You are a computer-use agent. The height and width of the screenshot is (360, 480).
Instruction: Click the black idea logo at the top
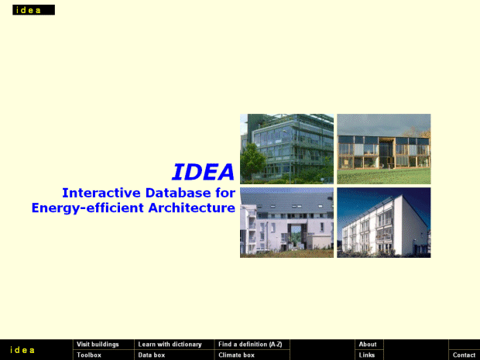point(33,10)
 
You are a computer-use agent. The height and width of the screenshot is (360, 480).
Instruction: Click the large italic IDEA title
point(204,172)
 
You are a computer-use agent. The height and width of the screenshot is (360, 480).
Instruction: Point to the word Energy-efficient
point(87,208)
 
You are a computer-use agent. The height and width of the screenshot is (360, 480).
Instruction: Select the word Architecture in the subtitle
point(192,207)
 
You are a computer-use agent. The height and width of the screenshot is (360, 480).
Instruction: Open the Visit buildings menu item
point(98,345)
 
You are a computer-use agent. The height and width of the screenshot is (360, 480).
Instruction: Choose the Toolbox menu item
point(89,355)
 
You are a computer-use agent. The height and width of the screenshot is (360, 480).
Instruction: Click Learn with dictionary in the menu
point(170,345)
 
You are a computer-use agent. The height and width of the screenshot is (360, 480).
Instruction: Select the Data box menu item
point(152,355)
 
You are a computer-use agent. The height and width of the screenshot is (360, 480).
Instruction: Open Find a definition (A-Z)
point(250,345)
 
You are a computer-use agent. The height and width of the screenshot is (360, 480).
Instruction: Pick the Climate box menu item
point(236,355)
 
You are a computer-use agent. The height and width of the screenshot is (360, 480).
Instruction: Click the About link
point(368,345)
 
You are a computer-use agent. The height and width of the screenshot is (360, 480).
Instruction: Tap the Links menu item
point(367,355)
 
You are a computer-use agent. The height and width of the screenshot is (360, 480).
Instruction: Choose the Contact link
point(464,355)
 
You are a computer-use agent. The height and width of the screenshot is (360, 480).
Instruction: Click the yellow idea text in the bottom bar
point(22,350)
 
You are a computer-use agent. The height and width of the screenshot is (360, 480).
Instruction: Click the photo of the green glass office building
point(286,149)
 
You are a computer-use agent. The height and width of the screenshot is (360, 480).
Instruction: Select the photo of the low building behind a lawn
point(384,149)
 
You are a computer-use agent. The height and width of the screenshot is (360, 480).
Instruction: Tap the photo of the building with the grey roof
point(286,222)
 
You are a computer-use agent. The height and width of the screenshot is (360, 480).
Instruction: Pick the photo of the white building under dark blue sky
point(384,222)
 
